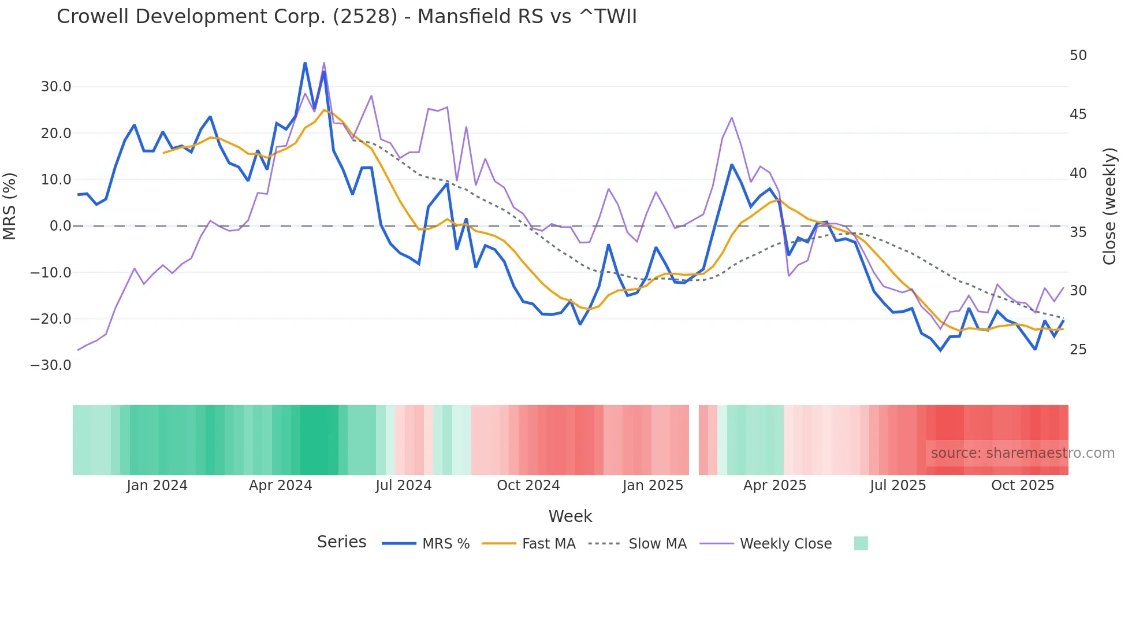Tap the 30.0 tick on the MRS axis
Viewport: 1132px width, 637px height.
pyautogui.click(x=56, y=87)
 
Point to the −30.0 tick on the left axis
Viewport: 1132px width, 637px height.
pyautogui.click(x=51, y=365)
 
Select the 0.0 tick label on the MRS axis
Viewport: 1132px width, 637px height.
pyautogui.click(x=60, y=226)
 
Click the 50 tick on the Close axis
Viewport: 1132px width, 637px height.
pyautogui.click(x=1078, y=55)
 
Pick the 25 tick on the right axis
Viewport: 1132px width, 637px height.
pyautogui.click(x=1078, y=350)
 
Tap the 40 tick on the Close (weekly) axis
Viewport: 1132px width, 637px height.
pyautogui.click(x=1078, y=173)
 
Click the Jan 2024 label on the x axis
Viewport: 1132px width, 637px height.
pyautogui.click(x=157, y=486)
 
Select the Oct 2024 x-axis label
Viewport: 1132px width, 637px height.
pyautogui.click(x=528, y=486)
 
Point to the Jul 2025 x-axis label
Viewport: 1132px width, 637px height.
pyautogui.click(x=898, y=486)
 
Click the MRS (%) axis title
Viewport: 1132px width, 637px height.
pyautogui.click(x=10, y=206)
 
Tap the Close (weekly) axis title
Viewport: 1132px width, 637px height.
pyautogui.click(x=1109, y=206)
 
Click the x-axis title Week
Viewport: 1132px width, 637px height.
pyautogui.click(x=570, y=516)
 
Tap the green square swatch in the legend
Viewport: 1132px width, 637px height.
pyautogui.click(x=861, y=544)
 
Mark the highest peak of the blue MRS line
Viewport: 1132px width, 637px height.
pyautogui.click(x=305, y=63)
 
